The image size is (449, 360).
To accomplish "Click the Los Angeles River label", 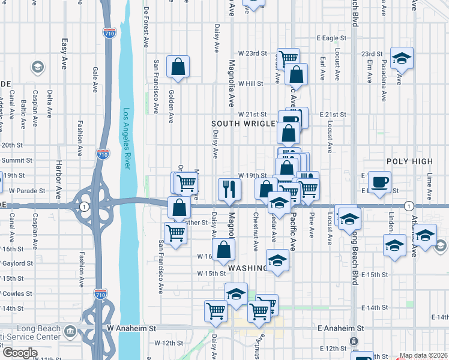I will pos(126,139).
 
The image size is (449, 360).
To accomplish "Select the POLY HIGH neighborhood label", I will pos(409,161).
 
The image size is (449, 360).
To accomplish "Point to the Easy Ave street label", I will pos(64,54).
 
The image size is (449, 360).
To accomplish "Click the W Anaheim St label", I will pos(131,329).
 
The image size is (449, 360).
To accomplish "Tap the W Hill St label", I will pos(251,83).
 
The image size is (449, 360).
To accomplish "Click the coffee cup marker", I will pos(379,182).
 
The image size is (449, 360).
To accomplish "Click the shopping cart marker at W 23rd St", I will pos(288,58).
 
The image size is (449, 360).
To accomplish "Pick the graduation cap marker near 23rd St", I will pos(402,58).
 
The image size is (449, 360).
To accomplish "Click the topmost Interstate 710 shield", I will pos(109,33).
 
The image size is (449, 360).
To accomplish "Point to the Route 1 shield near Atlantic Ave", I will pos(408,206).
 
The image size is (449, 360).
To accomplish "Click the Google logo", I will pos(20,353).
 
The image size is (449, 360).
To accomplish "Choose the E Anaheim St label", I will pos(341,329).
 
